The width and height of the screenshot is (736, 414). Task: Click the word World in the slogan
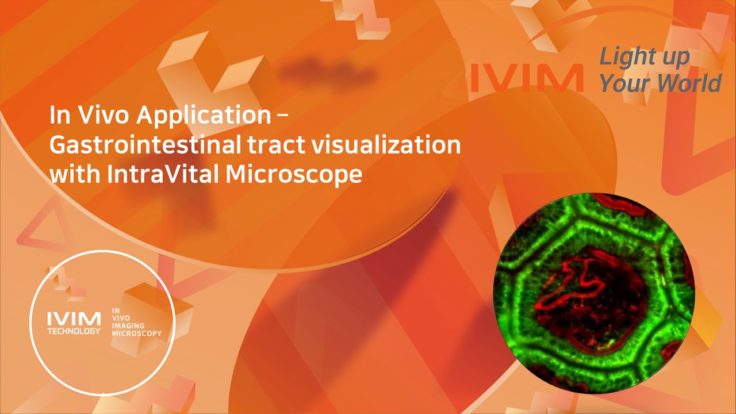(689, 83)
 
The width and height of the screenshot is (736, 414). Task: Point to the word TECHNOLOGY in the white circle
(74, 332)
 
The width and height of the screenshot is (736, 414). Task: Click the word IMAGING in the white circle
(128, 326)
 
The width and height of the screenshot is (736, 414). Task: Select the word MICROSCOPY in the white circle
(137, 333)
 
